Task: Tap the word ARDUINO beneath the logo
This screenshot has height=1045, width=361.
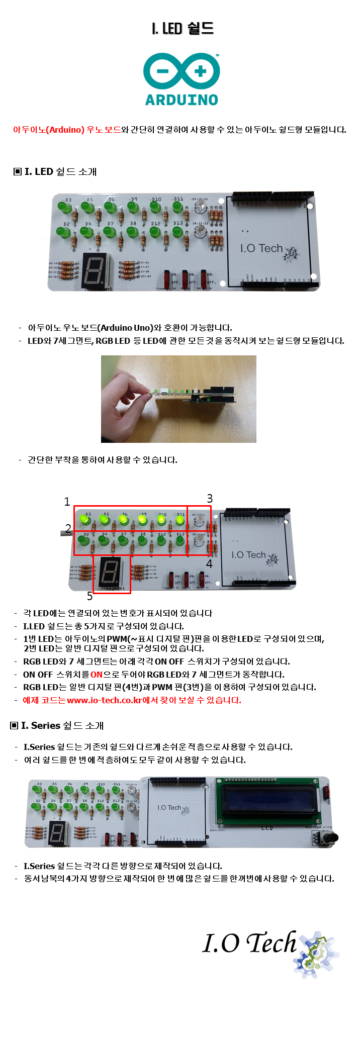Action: click(182, 100)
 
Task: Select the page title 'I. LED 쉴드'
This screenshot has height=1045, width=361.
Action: click(183, 28)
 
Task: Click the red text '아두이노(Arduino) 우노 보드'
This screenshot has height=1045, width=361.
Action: click(67, 130)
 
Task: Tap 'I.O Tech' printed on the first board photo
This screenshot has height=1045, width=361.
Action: click(261, 248)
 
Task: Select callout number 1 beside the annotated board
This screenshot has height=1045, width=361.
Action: click(67, 502)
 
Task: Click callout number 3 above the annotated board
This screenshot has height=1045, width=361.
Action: click(210, 499)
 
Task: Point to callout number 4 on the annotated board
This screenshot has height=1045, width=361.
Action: click(209, 564)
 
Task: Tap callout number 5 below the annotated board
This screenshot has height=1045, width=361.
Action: click(89, 596)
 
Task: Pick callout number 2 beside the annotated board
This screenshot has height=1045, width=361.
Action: click(68, 528)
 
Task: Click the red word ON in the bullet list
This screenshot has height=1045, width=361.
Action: click(97, 675)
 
